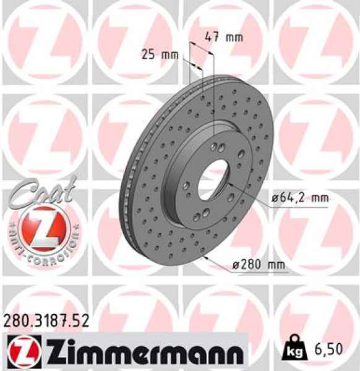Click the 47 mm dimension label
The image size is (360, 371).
point(223,36)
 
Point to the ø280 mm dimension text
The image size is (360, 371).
point(258,265)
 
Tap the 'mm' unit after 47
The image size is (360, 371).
point(233,36)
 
